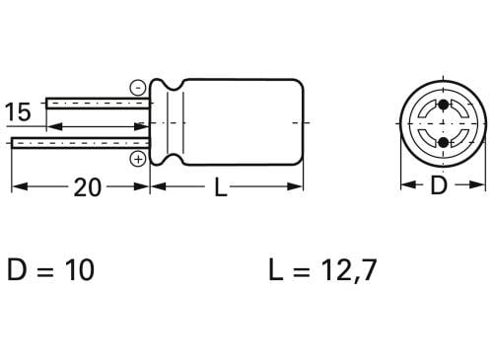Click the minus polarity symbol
coord(138,86)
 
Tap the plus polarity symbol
coord(138,158)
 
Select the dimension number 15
coord(18,111)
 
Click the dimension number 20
coord(87,187)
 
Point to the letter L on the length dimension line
coord(221,187)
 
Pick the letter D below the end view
coord(439,185)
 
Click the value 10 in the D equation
coord(78,270)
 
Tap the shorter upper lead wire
coord(99,103)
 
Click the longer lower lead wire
coord(79,143)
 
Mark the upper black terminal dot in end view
coord(442,106)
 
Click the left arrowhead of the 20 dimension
coord(17,187)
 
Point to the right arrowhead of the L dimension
coord(298,187)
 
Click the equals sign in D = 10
coord(42,270)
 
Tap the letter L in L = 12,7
coord(274,270)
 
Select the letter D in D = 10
coord(17,270)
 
